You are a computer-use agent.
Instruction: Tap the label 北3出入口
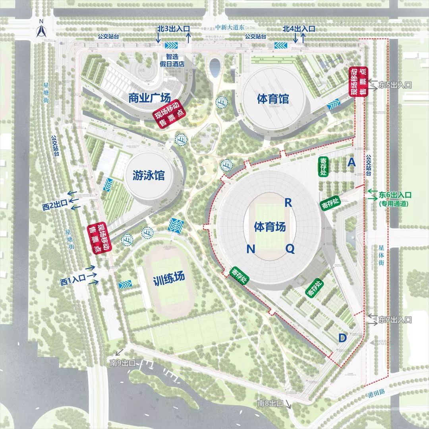pyautogui.click(x=174, y=29)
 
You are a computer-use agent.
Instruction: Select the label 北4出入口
pyautogui.click(x=299, y=29)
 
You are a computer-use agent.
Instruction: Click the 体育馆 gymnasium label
pyautogui.click(x=273, y=99)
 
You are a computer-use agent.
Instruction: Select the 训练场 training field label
pyautogui.click(x=169, y=278)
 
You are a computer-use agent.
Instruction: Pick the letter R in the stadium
pyautogui.click(x=288, y=203)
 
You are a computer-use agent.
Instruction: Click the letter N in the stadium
pyautogui.click(x=250, y=249)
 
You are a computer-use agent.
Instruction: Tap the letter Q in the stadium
pyautogui.click(x=290, y=249)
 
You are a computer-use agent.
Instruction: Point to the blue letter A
pyautogui.click(x=351, y=162)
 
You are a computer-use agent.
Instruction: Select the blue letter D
pyautogui.click(x=342, y=338)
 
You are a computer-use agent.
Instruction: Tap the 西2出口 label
pyautogui.click(x=56, y=206)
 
